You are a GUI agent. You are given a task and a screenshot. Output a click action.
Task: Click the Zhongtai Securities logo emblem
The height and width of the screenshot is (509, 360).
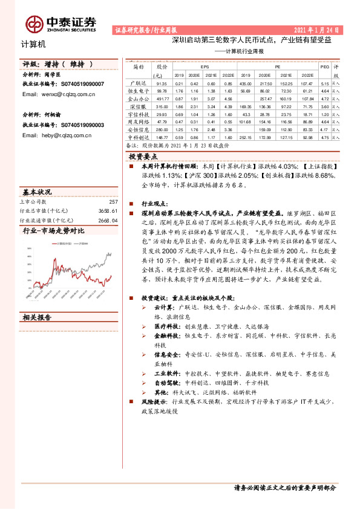[34, 24]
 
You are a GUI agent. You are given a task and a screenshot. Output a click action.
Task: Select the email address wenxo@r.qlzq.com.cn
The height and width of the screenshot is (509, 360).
[64, 94]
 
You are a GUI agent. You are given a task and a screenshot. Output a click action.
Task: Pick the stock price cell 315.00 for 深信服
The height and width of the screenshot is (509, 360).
[161, 106]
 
